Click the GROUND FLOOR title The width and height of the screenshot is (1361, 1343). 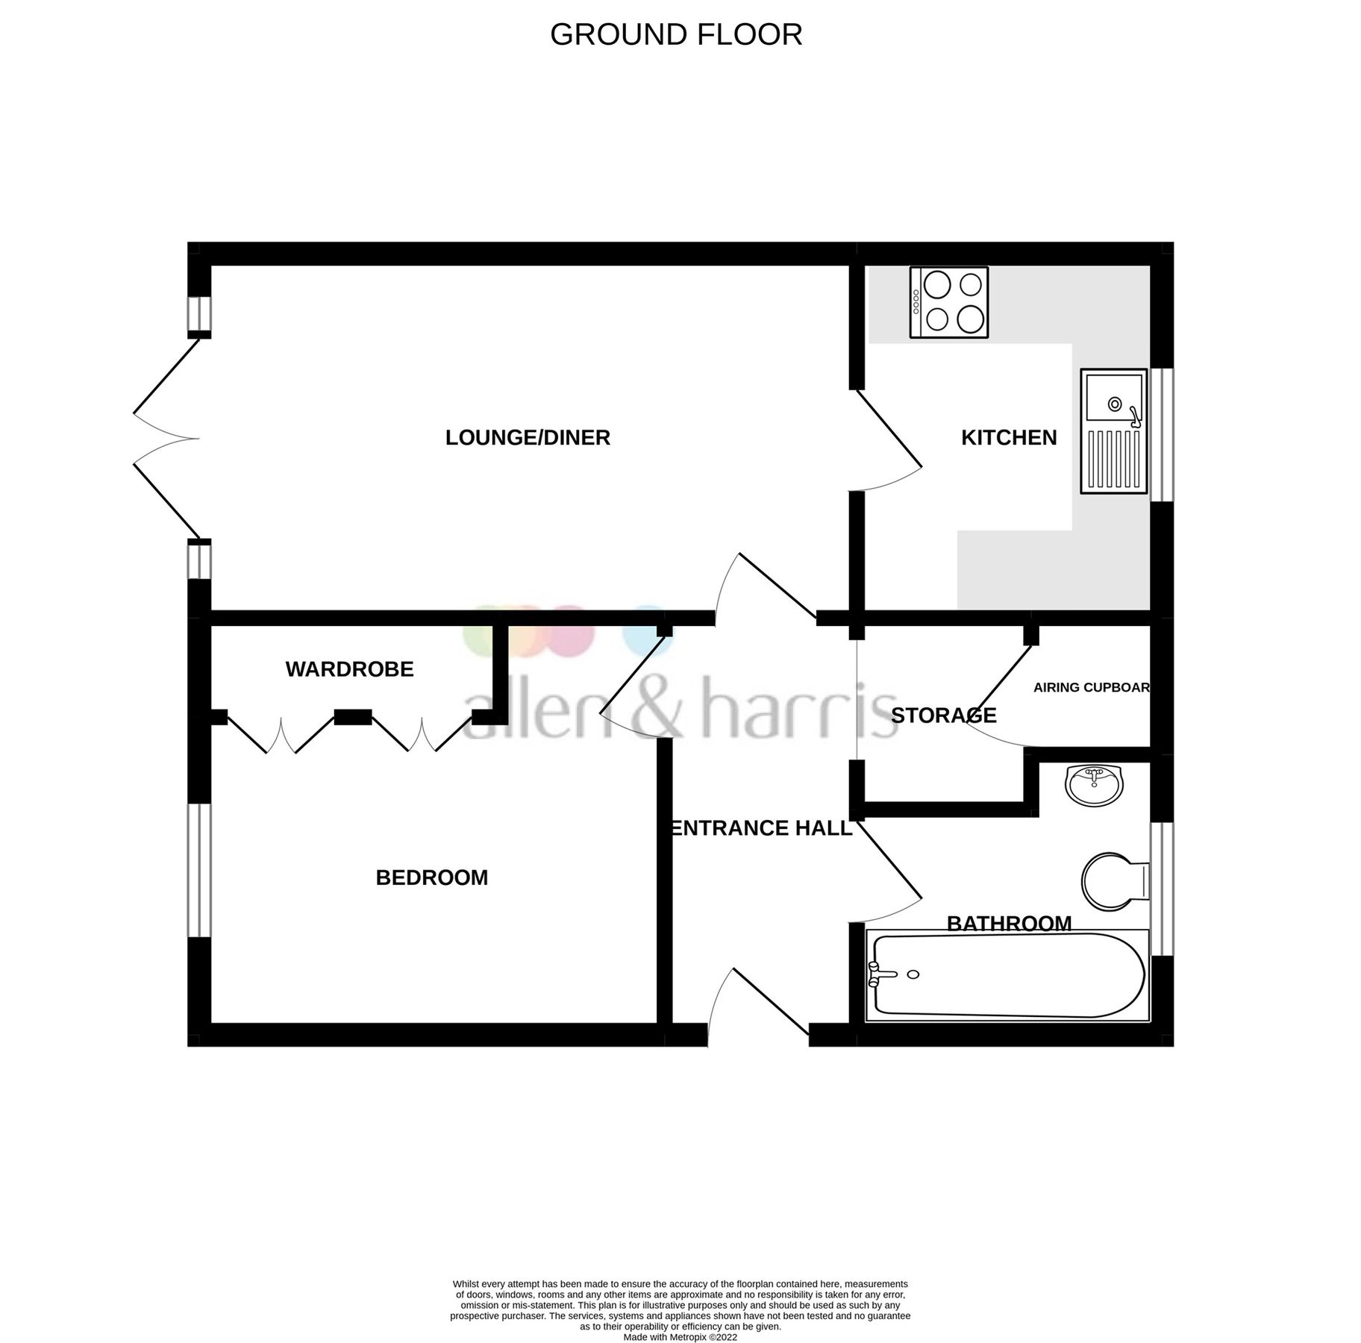click(676, 35)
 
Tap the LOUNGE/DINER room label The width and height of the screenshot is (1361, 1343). click(528, 437)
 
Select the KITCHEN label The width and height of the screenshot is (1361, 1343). click(1009, 437)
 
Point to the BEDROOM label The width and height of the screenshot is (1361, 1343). click(431, 877)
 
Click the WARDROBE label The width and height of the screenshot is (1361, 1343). click(349, 669)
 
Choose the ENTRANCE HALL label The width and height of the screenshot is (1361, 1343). click(761, 828)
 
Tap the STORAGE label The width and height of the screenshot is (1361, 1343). click(943, 716)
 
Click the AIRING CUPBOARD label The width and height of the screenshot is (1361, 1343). click(1091, 687)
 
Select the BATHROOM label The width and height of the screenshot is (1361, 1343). click(1009, 924)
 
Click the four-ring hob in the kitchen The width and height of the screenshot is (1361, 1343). click(949, 302)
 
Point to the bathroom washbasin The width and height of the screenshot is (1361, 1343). click(1094, 786)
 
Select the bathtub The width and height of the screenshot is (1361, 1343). click(1007, 975)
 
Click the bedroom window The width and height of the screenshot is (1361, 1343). click(199, 870)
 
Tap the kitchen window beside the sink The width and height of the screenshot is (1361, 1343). click(1162, 435)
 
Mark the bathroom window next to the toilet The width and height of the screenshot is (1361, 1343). click(1162, 889)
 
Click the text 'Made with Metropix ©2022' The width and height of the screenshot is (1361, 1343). click(680, 1338)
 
